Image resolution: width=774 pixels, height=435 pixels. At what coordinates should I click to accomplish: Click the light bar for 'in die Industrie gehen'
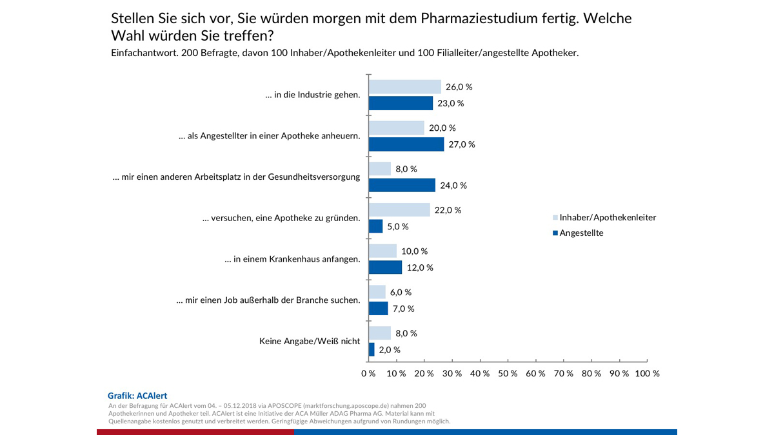click(x=404, y=87)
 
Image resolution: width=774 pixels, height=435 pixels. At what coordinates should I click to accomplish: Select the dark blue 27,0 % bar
click(x=406, y=144)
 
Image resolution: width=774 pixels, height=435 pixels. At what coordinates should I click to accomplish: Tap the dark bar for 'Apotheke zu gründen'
click(x=375, y=227)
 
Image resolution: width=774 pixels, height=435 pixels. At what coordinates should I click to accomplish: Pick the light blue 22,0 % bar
click(x=399, y=210)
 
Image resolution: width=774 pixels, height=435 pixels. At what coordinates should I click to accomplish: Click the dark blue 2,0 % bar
click(x=372, y=350)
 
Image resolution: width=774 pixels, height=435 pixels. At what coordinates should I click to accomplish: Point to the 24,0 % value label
click(x=453, y=186)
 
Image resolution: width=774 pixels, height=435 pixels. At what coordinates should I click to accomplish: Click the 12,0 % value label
click(x=421, y=267)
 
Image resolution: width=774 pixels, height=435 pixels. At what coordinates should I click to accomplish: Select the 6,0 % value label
click(x=401, y=293)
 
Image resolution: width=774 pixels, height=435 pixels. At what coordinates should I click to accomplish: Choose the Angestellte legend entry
click(x=581, y=233)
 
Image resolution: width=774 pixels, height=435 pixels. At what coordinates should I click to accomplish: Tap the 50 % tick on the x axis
click(x=508, y=374)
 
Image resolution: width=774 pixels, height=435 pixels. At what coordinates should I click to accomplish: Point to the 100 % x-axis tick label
click(x=646, y=374)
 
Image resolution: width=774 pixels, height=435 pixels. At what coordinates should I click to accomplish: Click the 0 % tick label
click(x=368, y=374)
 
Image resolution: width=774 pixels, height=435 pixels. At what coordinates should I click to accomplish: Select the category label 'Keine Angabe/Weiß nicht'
click(x=310, y=342)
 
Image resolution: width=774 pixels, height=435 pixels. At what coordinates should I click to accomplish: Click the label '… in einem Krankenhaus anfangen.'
click(x=292, y=259)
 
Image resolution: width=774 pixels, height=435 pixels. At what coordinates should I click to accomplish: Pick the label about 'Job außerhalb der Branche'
click(x=268, y=300)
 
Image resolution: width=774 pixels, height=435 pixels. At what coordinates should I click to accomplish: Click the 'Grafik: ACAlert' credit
click(x=137, y=396)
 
